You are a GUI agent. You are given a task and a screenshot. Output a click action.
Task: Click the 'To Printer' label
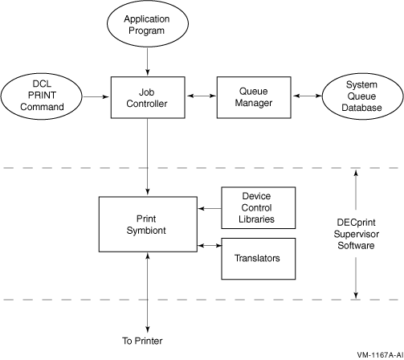point(142,341)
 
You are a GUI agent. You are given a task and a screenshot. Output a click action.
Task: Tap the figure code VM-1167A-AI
point(380,355)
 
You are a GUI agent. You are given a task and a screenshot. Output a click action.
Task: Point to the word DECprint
point(356,223)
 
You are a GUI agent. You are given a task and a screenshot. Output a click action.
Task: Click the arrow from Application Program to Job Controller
point(148,61)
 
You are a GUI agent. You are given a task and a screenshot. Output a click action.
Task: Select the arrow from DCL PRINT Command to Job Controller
point(96,96)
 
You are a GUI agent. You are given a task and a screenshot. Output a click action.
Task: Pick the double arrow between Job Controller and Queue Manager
point(201,96)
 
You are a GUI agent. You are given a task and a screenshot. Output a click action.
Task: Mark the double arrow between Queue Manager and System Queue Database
point(307,96)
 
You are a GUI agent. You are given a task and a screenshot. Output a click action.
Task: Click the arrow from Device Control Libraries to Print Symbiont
point(210,208)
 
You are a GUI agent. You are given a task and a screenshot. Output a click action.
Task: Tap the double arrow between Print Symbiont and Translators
point(210,245)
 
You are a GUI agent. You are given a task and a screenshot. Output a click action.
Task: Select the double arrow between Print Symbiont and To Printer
point(148,292)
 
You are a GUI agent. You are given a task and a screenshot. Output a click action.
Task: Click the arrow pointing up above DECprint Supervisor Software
point(356,190)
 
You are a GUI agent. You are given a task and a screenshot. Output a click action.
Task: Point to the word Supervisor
point(356,234)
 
